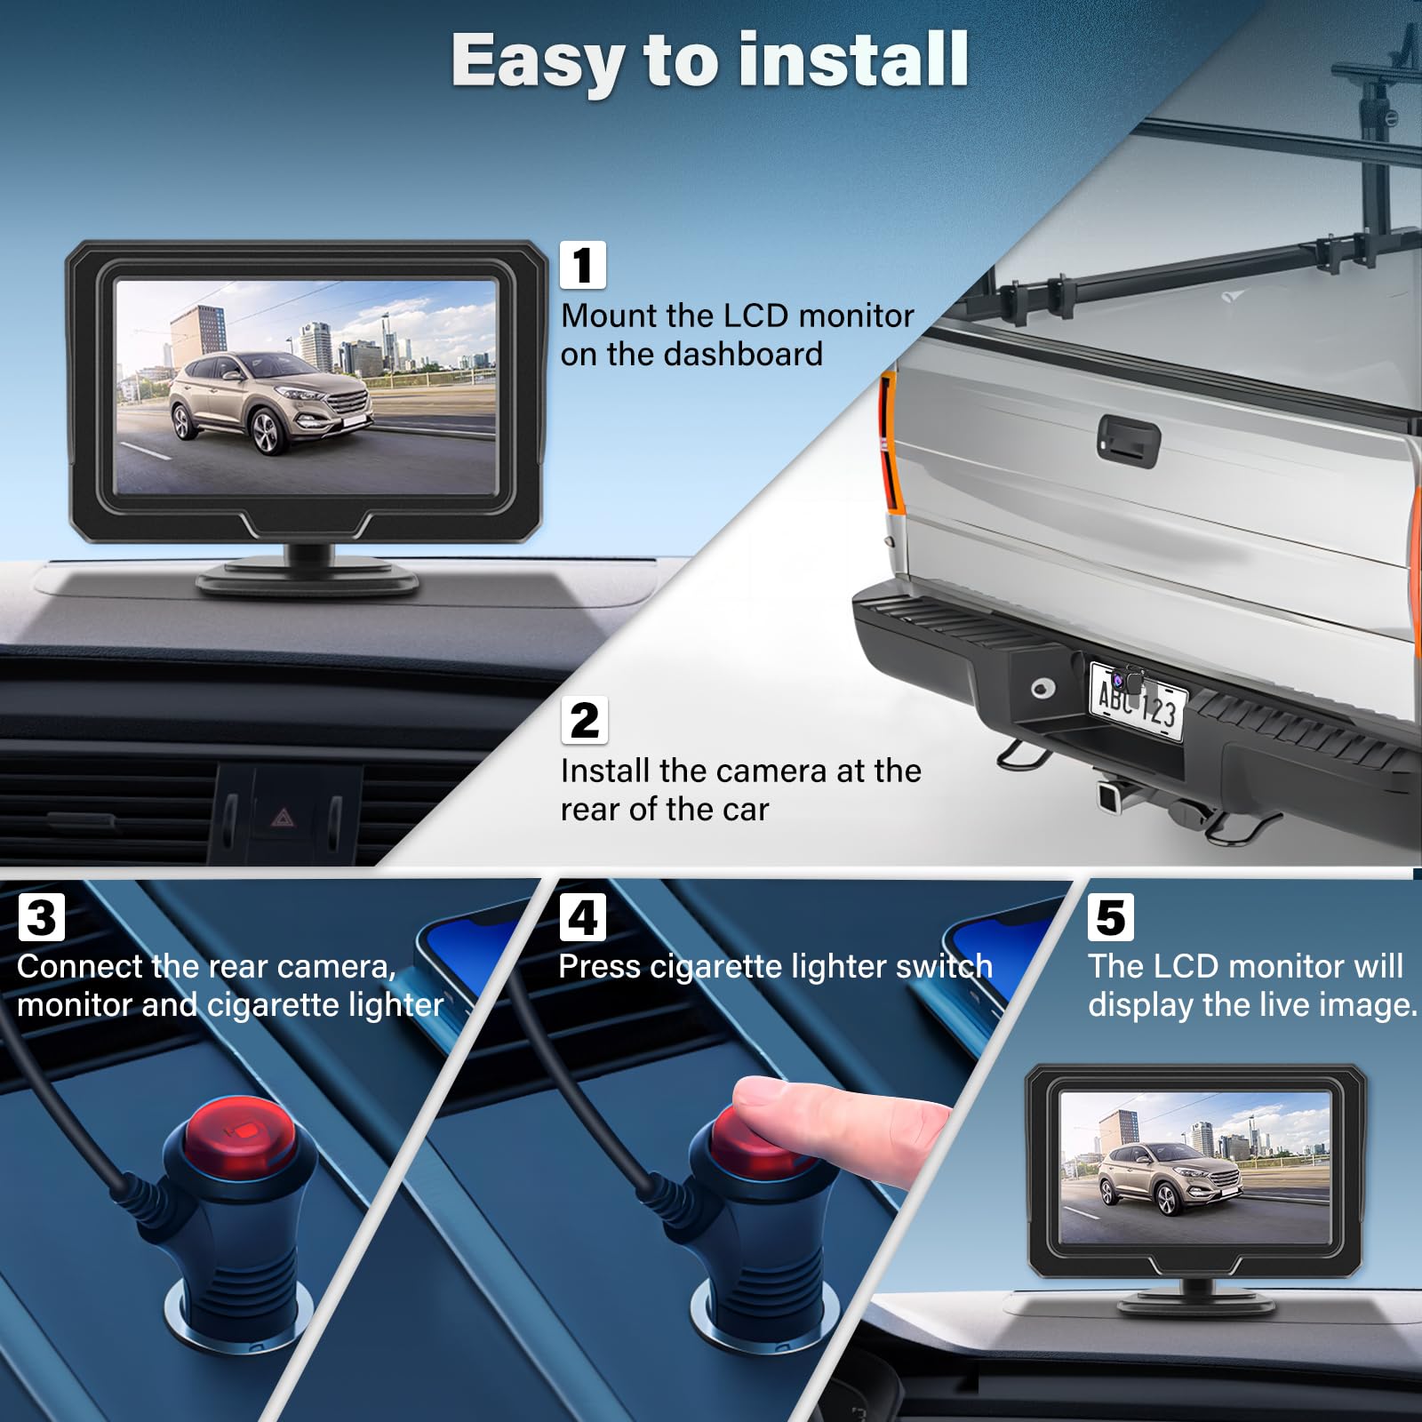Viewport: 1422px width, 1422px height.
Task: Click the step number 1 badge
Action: click(x=583, y=265)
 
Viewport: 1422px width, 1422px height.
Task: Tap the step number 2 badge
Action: click(x=585, y=720)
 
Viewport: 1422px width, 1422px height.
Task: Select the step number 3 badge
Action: click(x=42, y=917)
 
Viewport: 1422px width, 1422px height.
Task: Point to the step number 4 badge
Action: click(x=583, y=917)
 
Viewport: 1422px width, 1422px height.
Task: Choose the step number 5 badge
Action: click(x=1111, y=917)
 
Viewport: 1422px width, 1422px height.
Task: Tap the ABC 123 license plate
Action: click(x=1138, y=702)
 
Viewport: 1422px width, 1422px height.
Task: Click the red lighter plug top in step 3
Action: click(x=241, y=1133)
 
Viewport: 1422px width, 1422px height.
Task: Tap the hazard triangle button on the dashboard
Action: click(x=283, y=817)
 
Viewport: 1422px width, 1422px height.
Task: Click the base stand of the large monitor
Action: click(x=308, y=572)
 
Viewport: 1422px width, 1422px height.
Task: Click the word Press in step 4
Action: click(x=600, y=966)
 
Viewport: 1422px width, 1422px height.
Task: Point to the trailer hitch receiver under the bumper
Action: click(x=1111, y=795)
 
